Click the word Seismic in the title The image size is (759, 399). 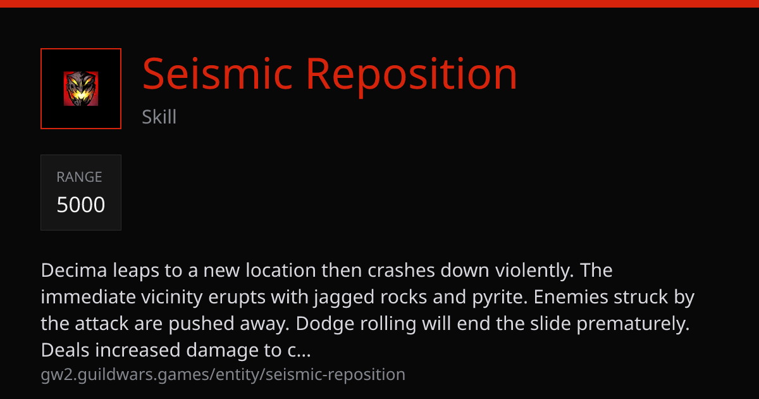coord(217,73)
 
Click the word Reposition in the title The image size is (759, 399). coord(411,77)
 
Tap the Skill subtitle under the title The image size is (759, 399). coord(159,117)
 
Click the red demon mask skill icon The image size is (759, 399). coord(81,89)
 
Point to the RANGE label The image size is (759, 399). coord(79,177)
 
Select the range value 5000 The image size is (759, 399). coord(81,205)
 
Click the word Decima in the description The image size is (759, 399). coord(74,270)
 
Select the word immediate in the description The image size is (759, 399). coord(88,297)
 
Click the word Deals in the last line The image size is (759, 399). coord(65,350)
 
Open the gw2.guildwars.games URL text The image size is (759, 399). coord(223,374)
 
